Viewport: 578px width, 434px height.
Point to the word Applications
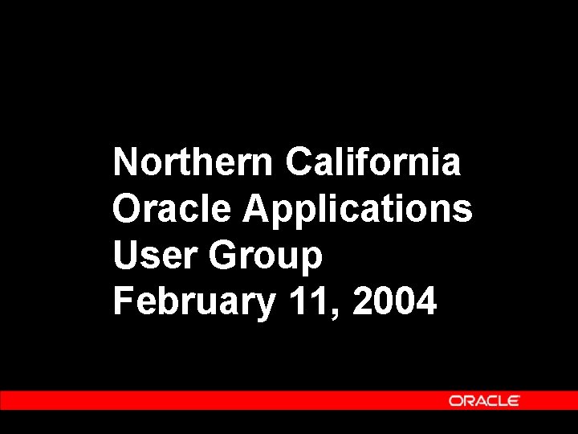[358, 211]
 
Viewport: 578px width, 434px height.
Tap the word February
[193, 304]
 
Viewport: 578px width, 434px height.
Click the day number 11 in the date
[309, 302]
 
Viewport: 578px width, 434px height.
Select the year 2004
[394, 302]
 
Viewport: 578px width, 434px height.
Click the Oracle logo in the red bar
[484, 400]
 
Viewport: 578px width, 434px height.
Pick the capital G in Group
[222, 256]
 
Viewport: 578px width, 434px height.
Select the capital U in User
[126, 256]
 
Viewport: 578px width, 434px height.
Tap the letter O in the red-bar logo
[455, 400]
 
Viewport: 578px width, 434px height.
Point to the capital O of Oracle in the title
[127, 209]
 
